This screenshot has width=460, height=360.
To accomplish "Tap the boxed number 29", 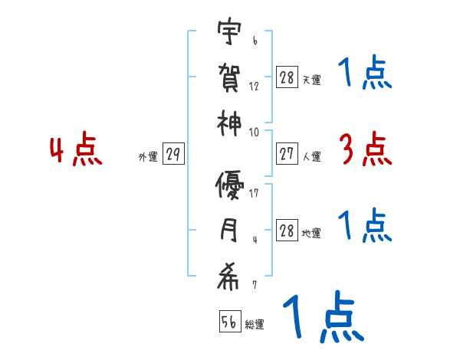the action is pyautogui.click(x=172, y=155).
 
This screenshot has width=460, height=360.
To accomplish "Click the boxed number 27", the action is pyautogui.click(x=287, y=155).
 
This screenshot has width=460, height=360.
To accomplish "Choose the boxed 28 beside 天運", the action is pyautogui.click(x=287, y=77).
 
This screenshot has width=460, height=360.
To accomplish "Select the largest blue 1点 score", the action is pyautogui.click(x=323, y=318).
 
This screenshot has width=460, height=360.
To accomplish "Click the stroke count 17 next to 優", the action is pyautogui.click(x=254, y=192).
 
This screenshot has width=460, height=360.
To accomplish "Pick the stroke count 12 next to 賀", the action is pyautogui.click(x=254, y=86).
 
